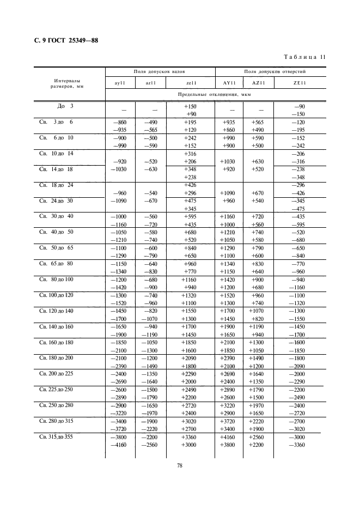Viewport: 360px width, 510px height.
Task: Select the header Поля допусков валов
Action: pos(160,71)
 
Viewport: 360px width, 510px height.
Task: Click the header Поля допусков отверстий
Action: pos(271,71)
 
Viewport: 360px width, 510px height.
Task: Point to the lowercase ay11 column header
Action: pos(120,83)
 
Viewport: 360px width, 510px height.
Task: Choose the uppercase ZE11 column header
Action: pos(300,83)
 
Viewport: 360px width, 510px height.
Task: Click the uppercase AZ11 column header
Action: pos(258,83)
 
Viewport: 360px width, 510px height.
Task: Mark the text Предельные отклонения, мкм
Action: pos(216,94)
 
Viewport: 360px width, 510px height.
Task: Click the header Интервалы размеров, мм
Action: pos(69,82)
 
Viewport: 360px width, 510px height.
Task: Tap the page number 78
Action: pos(179,465)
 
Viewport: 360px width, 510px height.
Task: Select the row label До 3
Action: pos(65,106)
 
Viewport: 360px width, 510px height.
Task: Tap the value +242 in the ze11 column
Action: pos(190,138)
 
